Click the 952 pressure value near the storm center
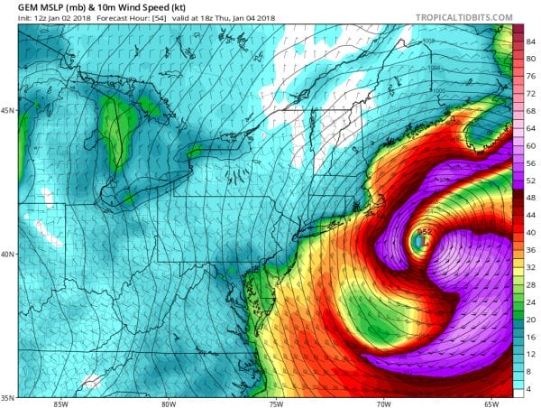coord(425,231)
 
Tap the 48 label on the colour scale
coord(532,197)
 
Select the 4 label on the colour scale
coord(532,389)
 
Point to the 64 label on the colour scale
coord(532,127)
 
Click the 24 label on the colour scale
coord(532,301)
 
